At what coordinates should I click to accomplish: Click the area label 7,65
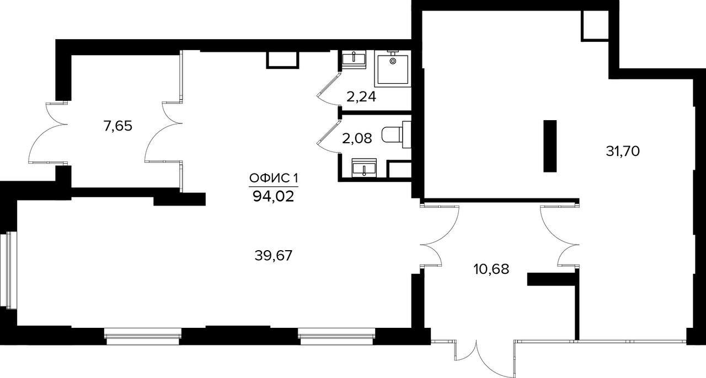(x=118, y=126)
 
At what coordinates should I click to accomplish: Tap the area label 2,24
(x=361, y=97)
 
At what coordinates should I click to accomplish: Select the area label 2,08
(x=357, y=138)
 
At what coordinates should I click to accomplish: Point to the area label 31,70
(x=623, y=151)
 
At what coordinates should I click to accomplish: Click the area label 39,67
(x=274, y=256)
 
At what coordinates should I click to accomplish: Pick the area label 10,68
(x=491, y=269)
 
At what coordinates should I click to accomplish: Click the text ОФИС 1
(x=274, y=179)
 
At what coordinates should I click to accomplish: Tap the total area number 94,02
(x=273, y=197)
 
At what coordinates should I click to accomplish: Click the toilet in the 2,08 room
(x=396, y=135)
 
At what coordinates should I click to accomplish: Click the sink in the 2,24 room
(x=354, y=59)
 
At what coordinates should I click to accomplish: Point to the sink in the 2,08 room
(x=364, y=168)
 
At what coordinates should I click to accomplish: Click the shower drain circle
(x=393, y=61)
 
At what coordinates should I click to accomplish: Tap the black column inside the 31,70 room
(x=550, y=146)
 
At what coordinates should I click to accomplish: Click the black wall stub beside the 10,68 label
(x=551, y=279)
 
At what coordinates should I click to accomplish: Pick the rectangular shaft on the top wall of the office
(x=282, y=60)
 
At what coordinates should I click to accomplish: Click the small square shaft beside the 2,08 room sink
(x=399, y=170)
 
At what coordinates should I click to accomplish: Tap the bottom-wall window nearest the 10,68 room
(x=337, y=336)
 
